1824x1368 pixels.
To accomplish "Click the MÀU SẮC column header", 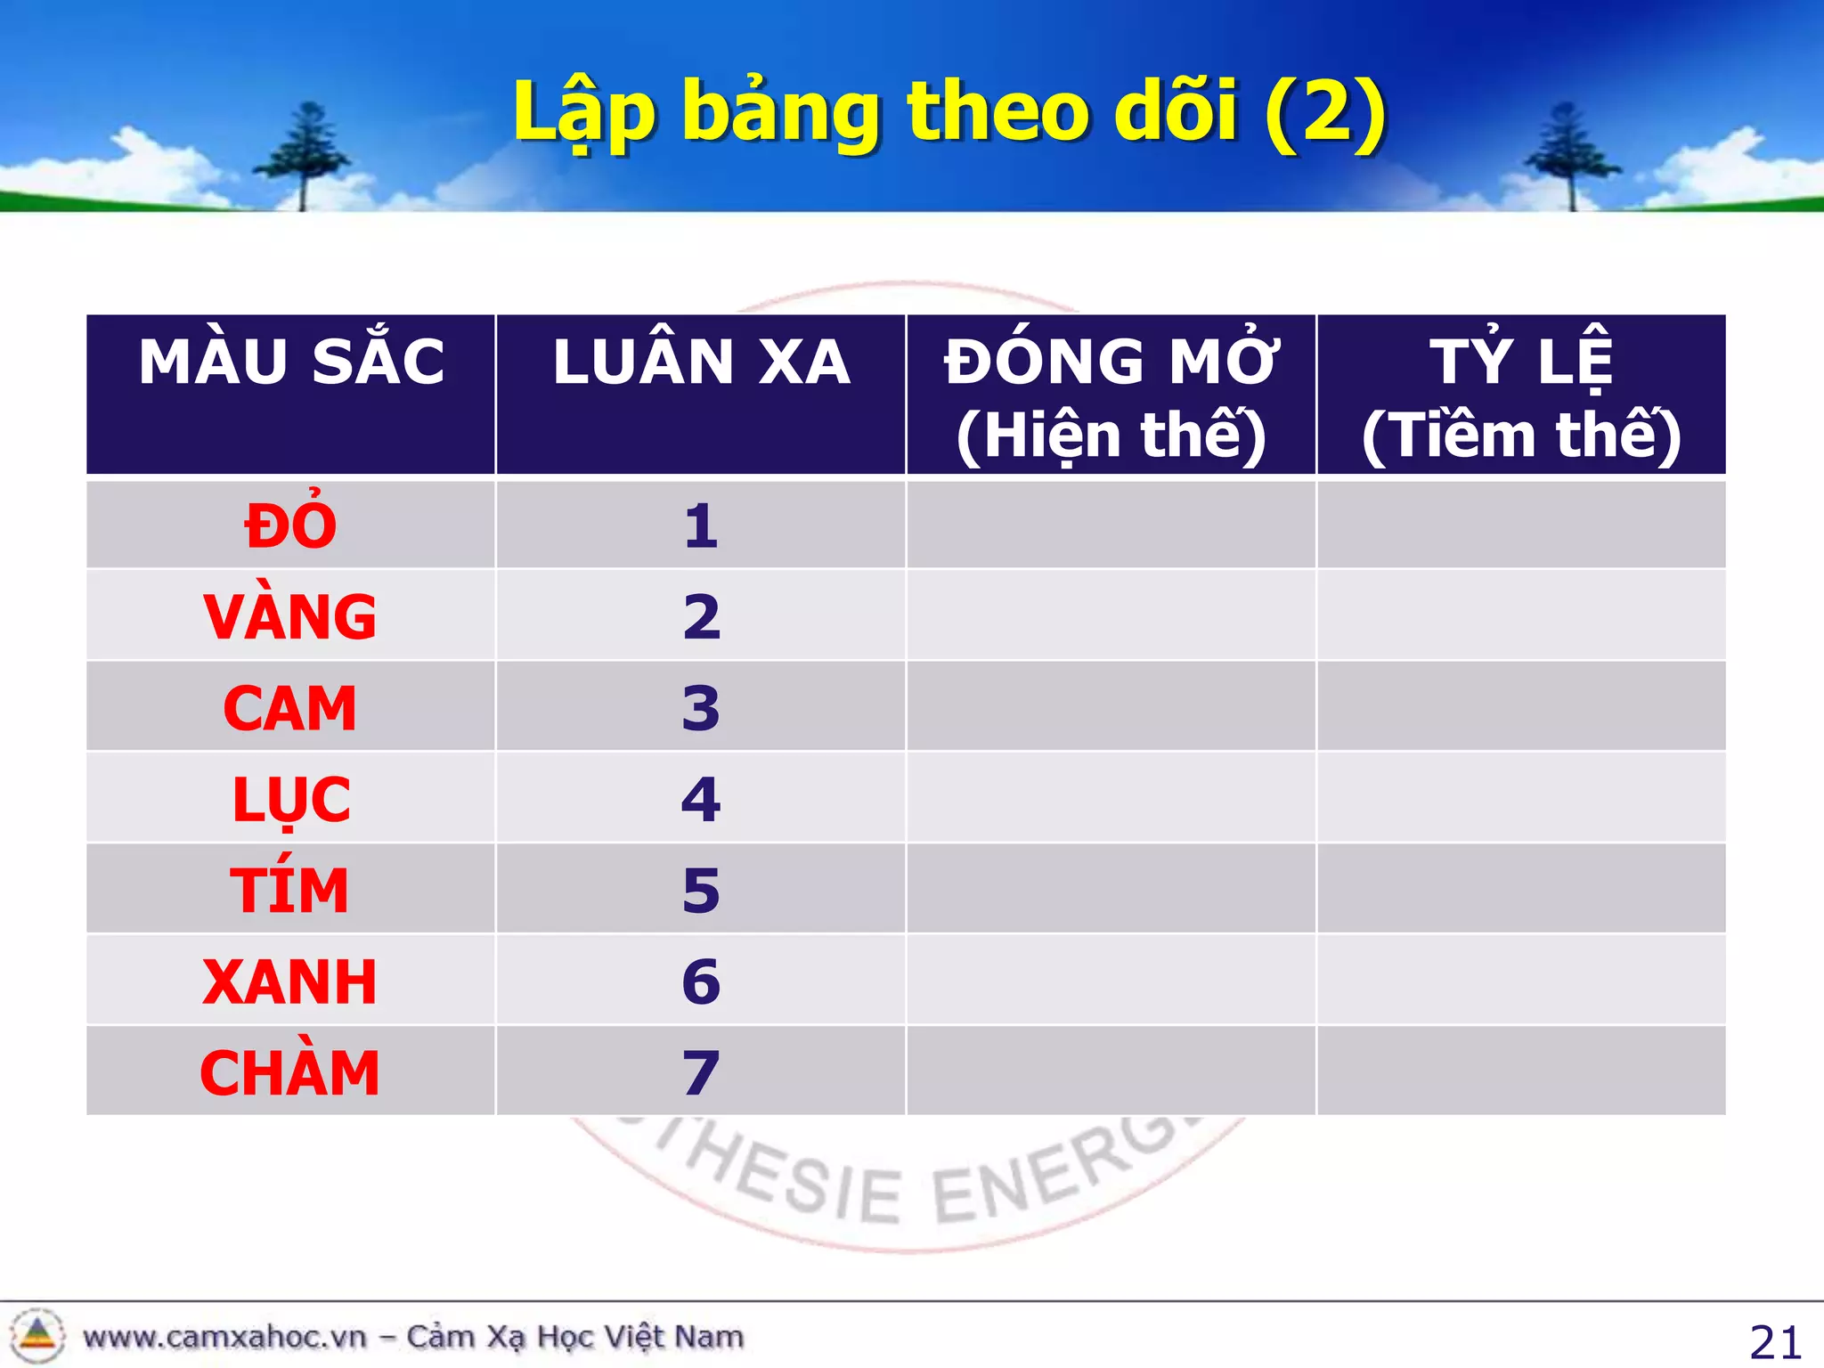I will (291, 362).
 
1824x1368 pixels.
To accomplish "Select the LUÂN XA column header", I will (701, 362).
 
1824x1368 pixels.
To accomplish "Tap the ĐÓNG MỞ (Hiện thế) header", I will (1111, 396).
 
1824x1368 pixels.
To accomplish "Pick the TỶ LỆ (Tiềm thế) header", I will (1521, 396).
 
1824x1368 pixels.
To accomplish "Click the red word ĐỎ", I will (291, 525).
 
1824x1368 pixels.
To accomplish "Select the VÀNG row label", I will (291, 616).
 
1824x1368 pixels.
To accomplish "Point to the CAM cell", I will (291, 708).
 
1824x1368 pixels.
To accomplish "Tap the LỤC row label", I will (291, 799).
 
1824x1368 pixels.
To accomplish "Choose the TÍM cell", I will (291, 890).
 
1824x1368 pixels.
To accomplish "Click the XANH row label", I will (291, 981).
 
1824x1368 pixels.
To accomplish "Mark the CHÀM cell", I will (291, 1072).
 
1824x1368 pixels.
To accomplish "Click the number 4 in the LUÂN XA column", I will (701, 799).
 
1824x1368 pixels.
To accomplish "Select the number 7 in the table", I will (701, 1072).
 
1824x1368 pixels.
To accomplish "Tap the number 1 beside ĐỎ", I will (701, 525).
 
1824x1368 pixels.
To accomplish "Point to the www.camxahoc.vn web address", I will (224, 1337).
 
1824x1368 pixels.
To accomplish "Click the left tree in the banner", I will (303, 156).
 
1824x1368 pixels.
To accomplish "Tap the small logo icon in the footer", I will (37, 1335).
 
